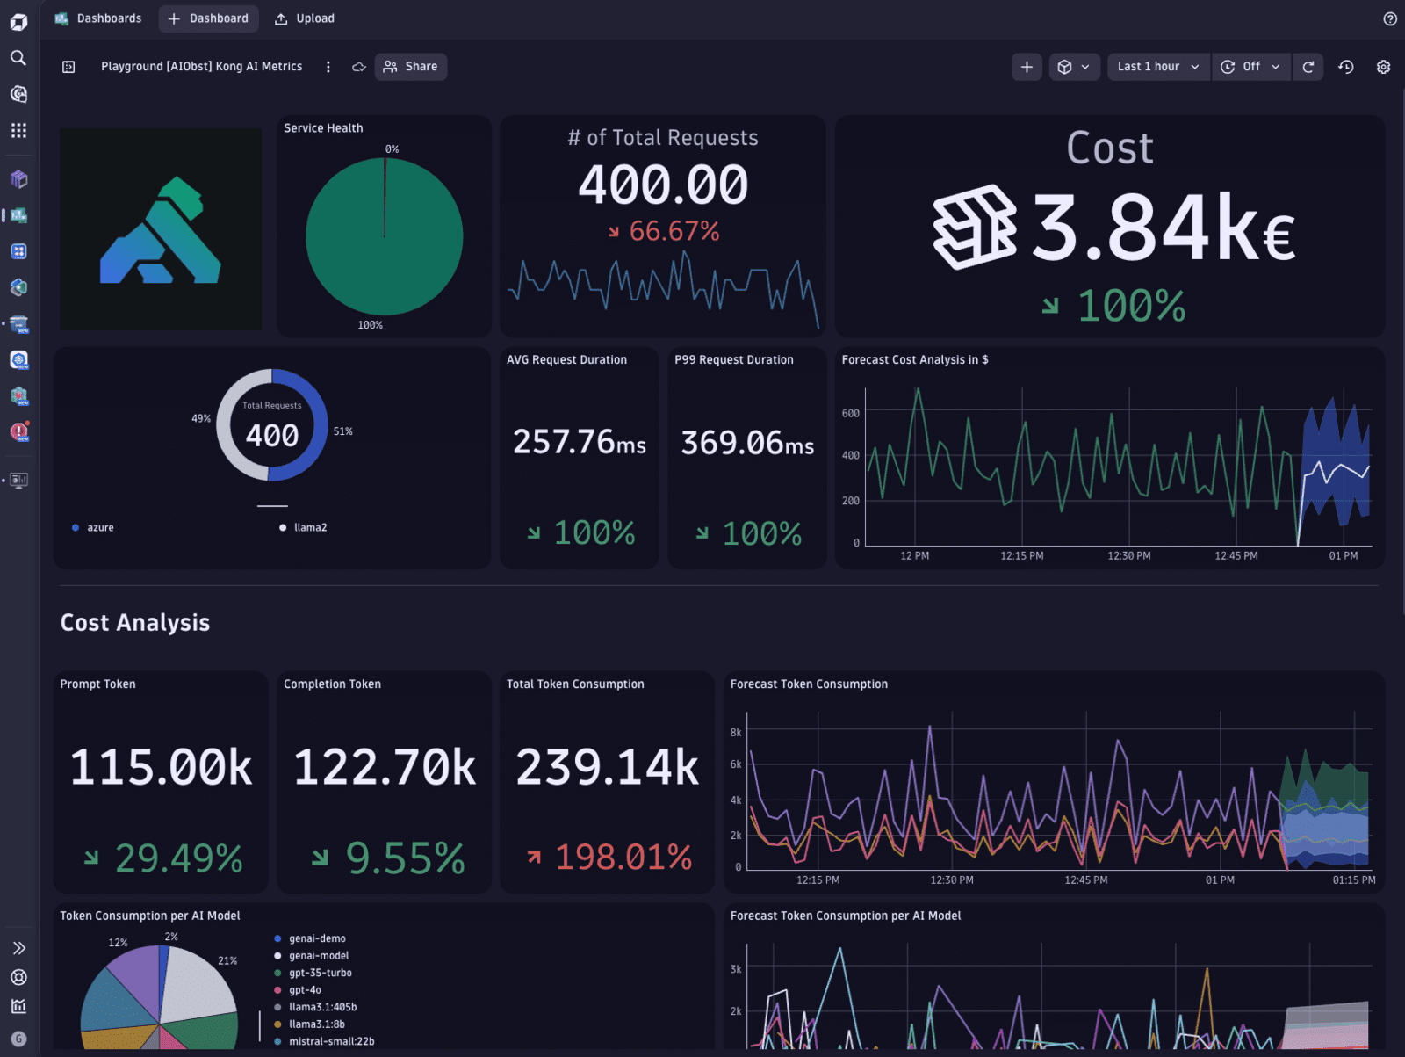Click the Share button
pos(411,67)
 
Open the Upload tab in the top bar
pos(305,18)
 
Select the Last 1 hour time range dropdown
pos(1157,67)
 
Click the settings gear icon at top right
pos(1383,67)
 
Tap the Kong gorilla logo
pos(161,230)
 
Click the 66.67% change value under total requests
pos(673,231)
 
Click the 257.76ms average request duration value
pos(579,442)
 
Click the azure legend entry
pos(99,527)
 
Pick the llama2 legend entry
pos(309,527)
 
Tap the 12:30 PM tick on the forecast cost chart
pos(1128,556)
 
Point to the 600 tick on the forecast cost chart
pos(850,413)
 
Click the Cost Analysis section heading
pos(135,623)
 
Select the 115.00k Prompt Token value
pos(161,768)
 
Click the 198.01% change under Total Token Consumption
pos(623,858)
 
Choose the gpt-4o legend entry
pos(305,990)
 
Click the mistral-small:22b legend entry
pos(331,1041)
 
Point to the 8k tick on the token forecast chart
pos(736,732)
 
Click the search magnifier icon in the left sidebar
pos(18,58)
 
